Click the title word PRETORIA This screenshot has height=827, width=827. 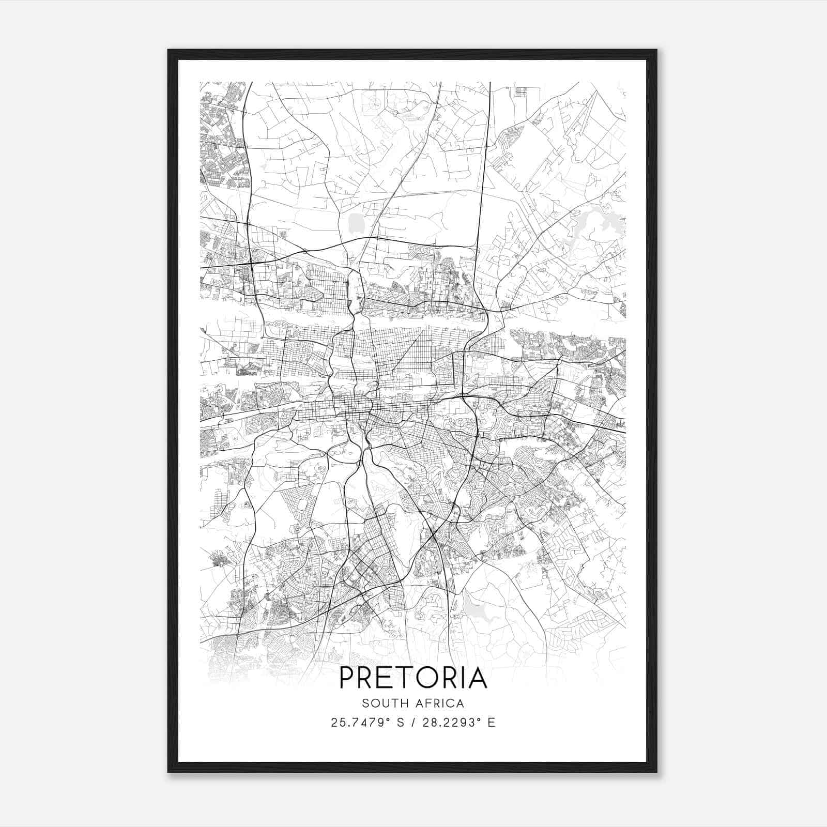pos(413,678)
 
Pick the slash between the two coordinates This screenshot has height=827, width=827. pos(414,723)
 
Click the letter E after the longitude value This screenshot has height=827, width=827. pos(491,723)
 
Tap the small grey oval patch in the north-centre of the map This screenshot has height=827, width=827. pos(356,223)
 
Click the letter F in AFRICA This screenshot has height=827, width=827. pos(427,703)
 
